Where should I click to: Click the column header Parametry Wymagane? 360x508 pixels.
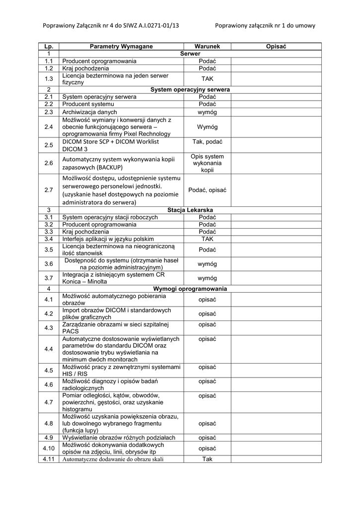[x=121, y=46]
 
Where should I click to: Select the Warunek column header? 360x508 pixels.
[x=207, y=46]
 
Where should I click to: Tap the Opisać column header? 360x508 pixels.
[x=276, y=46]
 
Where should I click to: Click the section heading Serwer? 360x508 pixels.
[x=190, y=53]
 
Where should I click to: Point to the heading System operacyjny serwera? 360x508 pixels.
[x=190, y=90]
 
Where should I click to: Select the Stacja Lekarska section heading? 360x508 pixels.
[x=190, y=210]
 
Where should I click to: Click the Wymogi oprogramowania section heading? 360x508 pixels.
[x=190, y=289]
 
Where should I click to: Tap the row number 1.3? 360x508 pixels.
[x=49, y=79]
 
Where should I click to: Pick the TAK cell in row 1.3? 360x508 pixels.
[x=207, y=79]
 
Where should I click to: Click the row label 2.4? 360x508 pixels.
[x=49, y=127]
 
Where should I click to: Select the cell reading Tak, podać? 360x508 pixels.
[x=207, y=142]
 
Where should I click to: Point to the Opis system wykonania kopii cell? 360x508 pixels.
[x=207, y=163]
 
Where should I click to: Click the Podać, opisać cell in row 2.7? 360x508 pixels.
[x=207, y=190]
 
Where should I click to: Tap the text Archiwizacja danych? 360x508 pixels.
[x=90, y=112]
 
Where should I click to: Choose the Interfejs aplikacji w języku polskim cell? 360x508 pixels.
[x=108, y=239]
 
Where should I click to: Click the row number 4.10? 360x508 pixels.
[x=49, y=448]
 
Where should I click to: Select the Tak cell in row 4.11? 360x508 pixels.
[x=207, y=459]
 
